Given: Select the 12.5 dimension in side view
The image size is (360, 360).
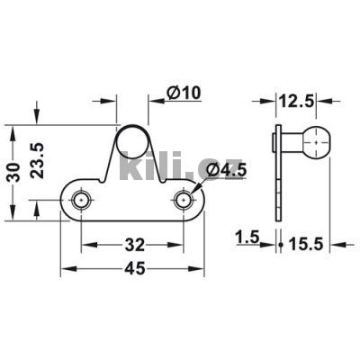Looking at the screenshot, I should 296,102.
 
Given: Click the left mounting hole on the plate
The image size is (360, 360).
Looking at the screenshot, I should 82,199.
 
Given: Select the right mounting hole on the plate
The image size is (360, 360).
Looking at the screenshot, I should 184,199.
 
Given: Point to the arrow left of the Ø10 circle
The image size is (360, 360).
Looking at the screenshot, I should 112,101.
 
